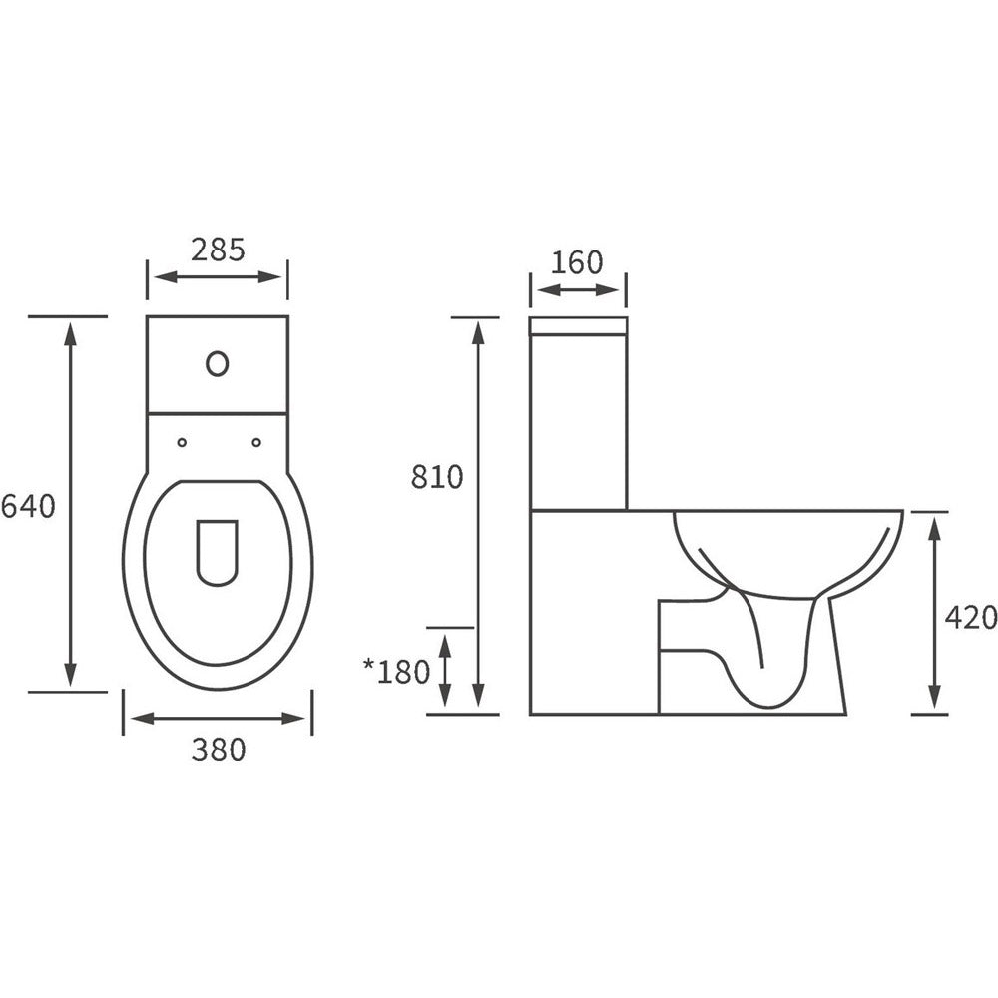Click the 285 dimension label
[x=218, y=249]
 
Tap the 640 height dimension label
[x=28, y=507]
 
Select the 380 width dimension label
[x=219, y=749]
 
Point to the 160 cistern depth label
[x=576, y=262]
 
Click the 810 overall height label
[x=437, y=477]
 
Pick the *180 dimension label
[x=396, y=671]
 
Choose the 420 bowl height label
[x=971, y=617]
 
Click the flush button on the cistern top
[x=217, y=363]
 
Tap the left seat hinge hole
[x=182, y=442]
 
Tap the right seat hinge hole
[x=256, y=442]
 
